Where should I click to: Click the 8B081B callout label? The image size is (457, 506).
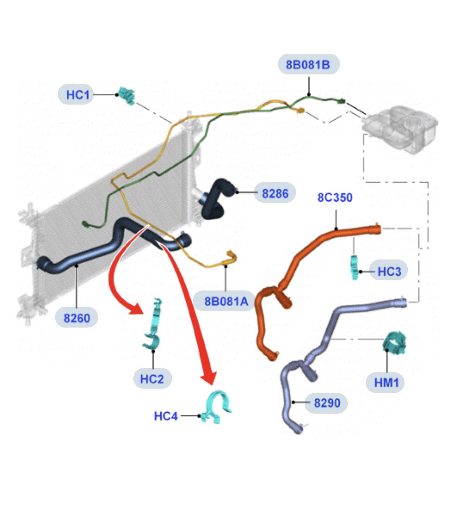click(x=309, y=64)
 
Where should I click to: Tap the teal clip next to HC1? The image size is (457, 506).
click(x=126, y=95)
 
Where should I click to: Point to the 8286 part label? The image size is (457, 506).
click(x=275, y=193)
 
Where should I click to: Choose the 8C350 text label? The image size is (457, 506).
click(x=335, y=197)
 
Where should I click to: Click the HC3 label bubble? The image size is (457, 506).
click(x=388, y=271)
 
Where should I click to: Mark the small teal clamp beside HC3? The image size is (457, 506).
click(x=354, y=267)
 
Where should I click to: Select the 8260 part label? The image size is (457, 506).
click(x=76, y=318)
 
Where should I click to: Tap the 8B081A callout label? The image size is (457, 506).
click(x=226, y=300)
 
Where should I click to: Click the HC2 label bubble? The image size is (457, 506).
click(x=152, y=378)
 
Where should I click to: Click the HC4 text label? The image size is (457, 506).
click(x=166, y=416)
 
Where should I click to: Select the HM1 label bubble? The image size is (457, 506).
click(x=386, y=382)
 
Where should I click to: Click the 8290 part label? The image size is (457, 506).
click(x=327, y=403)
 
